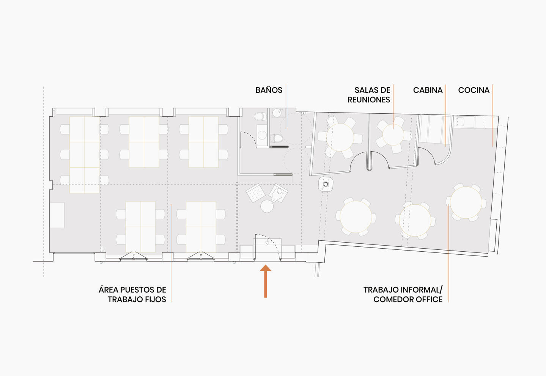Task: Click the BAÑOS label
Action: (x=269, y=90)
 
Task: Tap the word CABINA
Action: (x=428, y=90)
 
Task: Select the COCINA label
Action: (x=474, y=90)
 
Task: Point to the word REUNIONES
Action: (x=368, y=100)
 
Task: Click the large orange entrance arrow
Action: (x=266, y=281)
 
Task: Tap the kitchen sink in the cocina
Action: (x=460, y=122)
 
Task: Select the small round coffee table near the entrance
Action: (x=267, y=206)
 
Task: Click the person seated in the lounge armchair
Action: (x=278, y=194)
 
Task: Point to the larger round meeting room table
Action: (x=340, y=137)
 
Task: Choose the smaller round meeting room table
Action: (x=393, y=135)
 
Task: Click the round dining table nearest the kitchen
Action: (x=466, y=203)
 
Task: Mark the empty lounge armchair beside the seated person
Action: (x=255, y=193)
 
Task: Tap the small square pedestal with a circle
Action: (x=326, y=184)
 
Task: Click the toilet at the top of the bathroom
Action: (x=260, y=116)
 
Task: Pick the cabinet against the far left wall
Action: (x=57, y=215)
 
